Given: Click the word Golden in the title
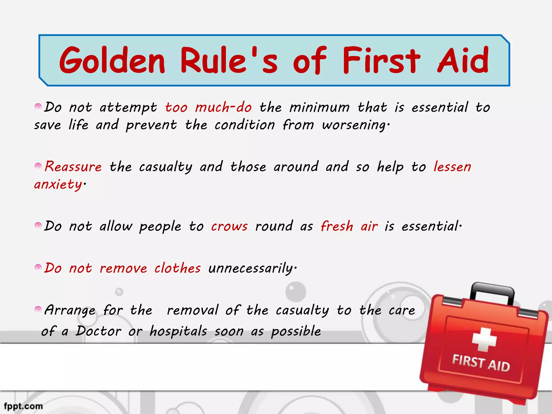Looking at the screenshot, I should pos(112,60).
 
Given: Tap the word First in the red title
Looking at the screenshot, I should pos(381,60).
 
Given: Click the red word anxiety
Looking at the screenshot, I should pos(58,185).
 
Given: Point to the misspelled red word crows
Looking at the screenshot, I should pos(229,226).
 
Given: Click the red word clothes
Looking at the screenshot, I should pos(177,268).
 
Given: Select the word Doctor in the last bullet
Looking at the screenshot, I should pos(98,331).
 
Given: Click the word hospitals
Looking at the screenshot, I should pos(178,331).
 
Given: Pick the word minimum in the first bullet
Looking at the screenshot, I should pos(319,107).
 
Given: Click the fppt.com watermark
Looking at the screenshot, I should pos(23,406).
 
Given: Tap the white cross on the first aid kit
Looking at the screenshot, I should pos(484,339).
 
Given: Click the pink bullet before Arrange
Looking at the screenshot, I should pos(38,309).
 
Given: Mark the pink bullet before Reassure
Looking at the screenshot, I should pos(38,166).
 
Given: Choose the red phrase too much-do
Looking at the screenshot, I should pos(209,107).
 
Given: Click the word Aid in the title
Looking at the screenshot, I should pos(463,60).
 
